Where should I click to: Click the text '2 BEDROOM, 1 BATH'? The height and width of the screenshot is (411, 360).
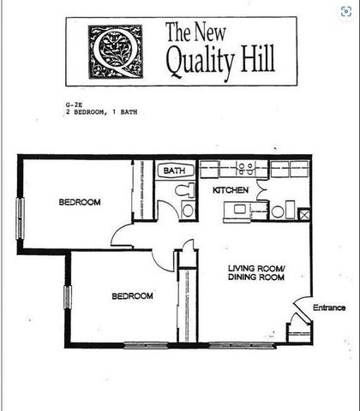pos(101,112)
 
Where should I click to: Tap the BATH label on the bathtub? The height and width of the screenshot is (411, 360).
pos(175,171)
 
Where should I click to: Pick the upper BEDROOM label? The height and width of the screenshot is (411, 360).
pos(80,202)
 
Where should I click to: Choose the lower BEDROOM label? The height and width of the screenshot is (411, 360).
pos(132,295)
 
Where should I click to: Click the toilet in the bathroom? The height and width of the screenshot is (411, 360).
pos(188,209)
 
